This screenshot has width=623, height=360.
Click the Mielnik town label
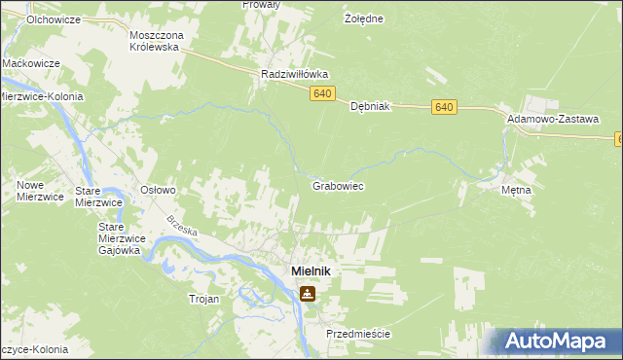click(x=307, y=272)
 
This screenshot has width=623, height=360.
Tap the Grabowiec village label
click(x=338, y=185)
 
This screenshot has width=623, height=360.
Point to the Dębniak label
click(x=370, y=107)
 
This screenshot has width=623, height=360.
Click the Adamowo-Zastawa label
click(x=552, y=118)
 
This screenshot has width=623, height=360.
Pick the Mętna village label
click(x=516, y=190)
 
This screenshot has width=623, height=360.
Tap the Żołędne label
click(x=364, y=18)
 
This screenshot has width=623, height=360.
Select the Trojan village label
click(x=204, y=300)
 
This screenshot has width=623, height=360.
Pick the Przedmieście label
click(x=358, y=334)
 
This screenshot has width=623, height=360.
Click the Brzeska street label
click(x=182, y=228)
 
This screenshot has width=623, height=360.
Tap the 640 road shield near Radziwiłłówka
click(x=323, y=93)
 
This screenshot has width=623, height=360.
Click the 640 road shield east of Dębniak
click(x=446, y=107)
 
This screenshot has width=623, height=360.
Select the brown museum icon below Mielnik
click(x=308, y=293)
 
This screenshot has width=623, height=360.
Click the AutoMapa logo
click(x=558, y=341)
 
